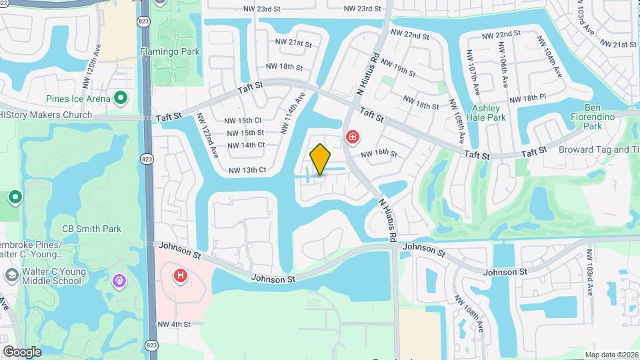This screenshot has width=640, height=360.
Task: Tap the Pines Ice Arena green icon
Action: click(121, 99)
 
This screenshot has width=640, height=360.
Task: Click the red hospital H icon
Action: click(180, 275)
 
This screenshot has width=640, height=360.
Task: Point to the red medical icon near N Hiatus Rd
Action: click(353, 138)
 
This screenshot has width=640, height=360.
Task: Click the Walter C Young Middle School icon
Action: click(11, 275)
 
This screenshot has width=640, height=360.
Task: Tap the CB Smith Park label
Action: click(91, 229)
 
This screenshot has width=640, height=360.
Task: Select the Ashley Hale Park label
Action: click(489, 113)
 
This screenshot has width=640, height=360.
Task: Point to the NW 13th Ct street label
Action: click(247, 170)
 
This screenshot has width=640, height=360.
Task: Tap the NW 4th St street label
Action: click(174, 325)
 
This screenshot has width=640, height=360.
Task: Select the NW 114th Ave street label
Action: click(294, 111)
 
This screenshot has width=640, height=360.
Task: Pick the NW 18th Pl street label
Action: click(527, 98)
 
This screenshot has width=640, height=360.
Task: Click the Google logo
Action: click(22, 351)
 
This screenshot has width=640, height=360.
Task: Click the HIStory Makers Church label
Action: click(46, 115)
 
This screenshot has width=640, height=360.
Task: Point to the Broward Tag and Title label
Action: click(599, 149)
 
